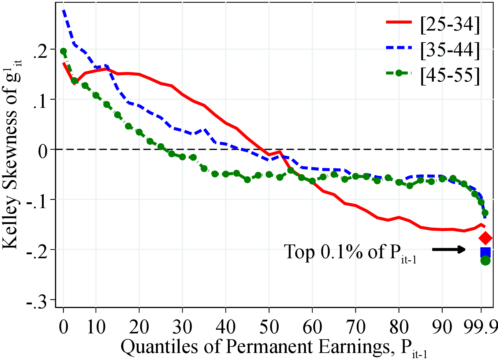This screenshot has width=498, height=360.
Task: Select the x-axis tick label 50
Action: [x=269, y=326]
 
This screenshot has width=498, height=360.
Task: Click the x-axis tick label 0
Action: [x=63, y=326]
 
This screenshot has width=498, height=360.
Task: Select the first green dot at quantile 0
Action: [x=63, y=51]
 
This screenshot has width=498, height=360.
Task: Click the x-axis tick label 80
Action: [x=399, y=326]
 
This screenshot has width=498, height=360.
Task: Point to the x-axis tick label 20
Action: [x=139, y=326]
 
